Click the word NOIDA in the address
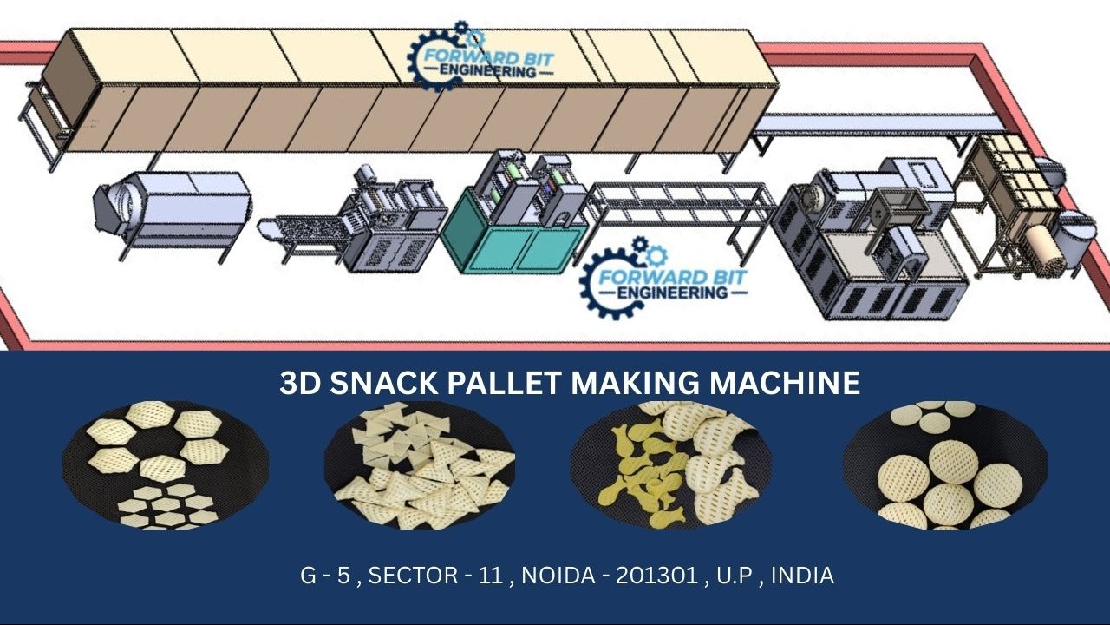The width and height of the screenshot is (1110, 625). click(560, 575)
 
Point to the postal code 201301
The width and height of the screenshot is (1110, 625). click(656, 575)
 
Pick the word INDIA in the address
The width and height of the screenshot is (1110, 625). click(802, 575)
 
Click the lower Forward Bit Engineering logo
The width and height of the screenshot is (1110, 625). click(664, 276)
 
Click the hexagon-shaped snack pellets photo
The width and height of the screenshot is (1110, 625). click(165, 464)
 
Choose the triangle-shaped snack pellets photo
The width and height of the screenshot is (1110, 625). click(420, 466)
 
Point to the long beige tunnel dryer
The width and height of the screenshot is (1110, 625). click(408, 91)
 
